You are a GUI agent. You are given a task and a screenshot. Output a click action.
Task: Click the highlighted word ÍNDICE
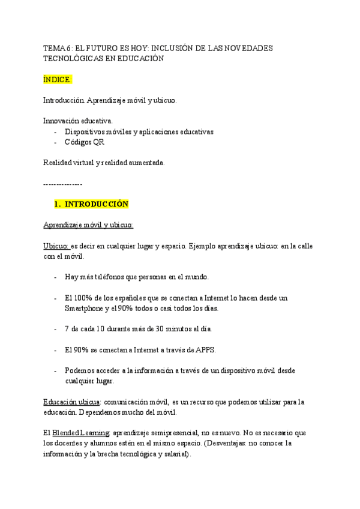(x=58, y=79)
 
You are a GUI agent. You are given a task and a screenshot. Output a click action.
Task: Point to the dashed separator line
(x=63, y=183)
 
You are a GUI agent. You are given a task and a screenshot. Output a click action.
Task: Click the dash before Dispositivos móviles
(x=56, y=131)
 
